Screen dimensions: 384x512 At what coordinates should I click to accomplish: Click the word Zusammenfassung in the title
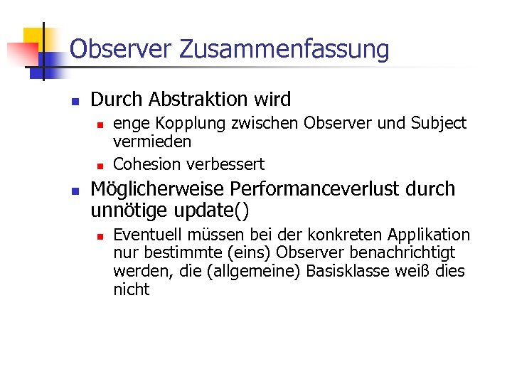click(x=284, y=50)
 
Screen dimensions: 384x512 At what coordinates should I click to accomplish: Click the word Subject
click(x=439, y=124)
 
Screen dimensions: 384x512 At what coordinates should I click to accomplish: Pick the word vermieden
click(x=152, y=142)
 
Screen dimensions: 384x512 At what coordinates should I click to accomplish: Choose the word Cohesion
click(x=147, y=164)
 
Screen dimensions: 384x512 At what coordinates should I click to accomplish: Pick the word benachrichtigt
click(x=407, y=253)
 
